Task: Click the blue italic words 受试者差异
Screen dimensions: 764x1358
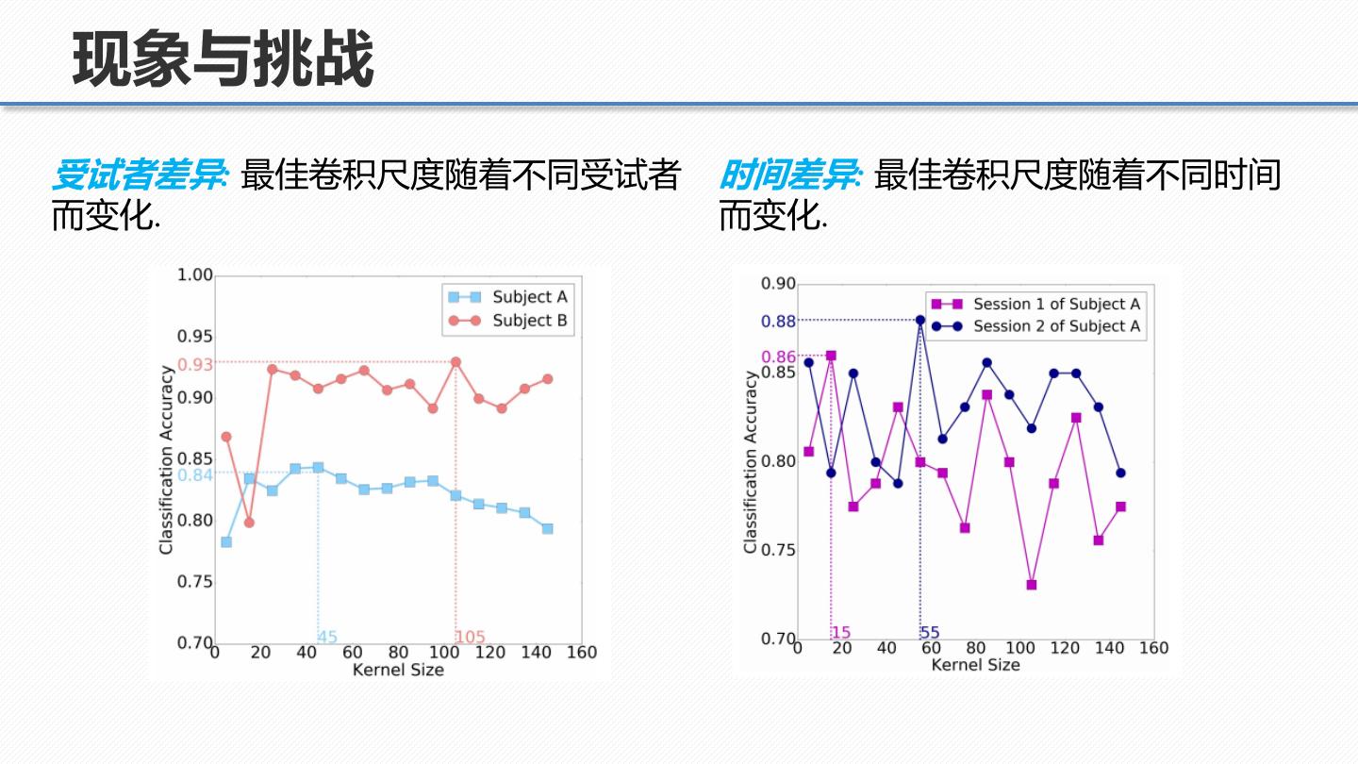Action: tap(138, 175)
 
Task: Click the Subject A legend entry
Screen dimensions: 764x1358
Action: tap(529, 297)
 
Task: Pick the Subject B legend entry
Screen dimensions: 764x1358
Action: tap(529, 321)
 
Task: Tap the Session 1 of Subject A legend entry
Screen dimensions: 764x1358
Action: tap(1055, 304)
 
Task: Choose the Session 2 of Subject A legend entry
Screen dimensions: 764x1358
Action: tap(1055, 326)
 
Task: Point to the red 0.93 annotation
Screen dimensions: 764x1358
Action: tap(195, 364)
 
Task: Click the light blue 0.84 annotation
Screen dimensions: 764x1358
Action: tap(195, 475)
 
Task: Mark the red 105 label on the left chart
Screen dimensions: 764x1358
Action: tap(471, 638)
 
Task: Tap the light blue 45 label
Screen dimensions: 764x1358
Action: tap(327, 638)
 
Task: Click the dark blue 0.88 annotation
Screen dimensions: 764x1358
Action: tap(779, 322)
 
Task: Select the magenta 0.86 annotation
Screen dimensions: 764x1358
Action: tap(779, 357)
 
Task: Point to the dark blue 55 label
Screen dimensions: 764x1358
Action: tap(930, 633)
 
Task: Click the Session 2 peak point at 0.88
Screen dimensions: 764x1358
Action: tap(920, 320)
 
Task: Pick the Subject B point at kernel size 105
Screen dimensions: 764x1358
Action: tap(455, 362)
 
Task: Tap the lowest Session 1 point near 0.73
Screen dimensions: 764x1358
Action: tap(1032, 585)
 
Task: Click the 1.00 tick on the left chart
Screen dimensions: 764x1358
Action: tap(195, 275)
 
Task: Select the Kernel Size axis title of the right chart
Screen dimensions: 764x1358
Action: tap(975, 665)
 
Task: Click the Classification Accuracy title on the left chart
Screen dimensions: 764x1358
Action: tap(166, 458)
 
